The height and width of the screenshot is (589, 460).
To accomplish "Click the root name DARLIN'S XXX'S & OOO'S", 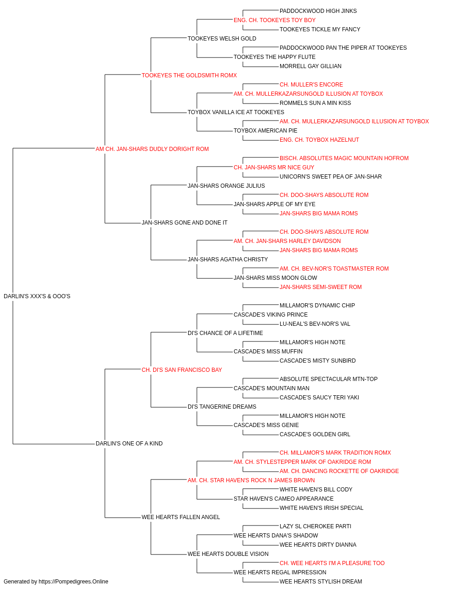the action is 37,296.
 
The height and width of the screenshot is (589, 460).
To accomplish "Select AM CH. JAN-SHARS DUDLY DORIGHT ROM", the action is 152,149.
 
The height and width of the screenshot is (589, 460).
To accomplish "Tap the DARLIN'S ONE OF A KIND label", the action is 129,444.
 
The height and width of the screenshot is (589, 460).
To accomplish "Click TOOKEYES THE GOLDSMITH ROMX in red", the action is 189,75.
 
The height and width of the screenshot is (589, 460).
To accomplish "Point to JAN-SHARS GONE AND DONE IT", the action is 184,223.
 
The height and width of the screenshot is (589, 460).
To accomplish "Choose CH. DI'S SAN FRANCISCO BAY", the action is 182,370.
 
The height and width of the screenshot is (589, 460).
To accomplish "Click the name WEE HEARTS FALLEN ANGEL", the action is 181,517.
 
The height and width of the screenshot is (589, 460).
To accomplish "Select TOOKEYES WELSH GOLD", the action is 222,39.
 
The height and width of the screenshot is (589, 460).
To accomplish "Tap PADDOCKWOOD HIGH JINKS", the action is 318,11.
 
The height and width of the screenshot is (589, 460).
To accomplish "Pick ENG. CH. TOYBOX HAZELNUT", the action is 319,140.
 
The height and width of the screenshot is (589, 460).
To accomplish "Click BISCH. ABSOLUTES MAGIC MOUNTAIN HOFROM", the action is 344,158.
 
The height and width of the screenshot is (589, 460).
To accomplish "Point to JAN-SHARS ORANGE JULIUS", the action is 226,185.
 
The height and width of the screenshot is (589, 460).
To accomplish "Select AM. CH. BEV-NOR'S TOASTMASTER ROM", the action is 334,269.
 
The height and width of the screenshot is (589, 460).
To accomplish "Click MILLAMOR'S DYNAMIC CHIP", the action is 317,306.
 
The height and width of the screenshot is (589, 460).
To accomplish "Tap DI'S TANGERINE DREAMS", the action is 222,407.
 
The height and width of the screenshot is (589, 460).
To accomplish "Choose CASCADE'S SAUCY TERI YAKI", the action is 319,398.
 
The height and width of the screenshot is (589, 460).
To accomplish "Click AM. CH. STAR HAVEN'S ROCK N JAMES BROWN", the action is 251,480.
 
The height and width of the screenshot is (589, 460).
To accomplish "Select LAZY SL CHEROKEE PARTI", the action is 316,526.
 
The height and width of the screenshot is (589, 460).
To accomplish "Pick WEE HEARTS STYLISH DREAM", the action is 321,582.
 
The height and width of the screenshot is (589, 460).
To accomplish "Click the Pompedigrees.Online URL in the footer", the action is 73,582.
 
